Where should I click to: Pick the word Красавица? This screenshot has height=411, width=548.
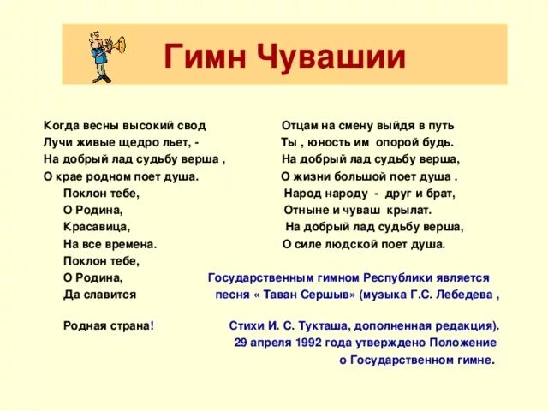pyautogui.click(x=96, y=227)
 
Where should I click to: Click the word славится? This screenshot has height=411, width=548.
pyautogui.click(x=108, y=295)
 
